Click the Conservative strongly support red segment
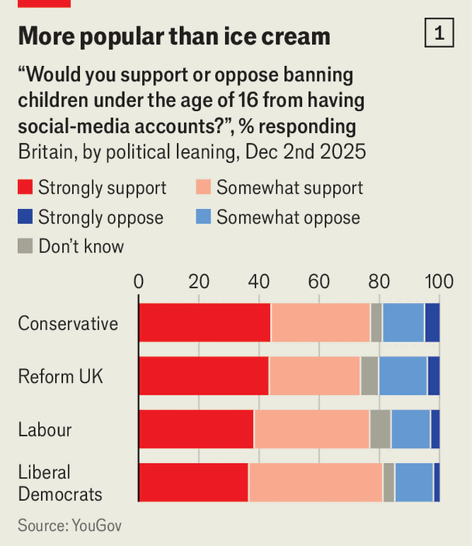tap(204, 322)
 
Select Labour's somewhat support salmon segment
tap(311, 429)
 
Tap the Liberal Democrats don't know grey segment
tap(388, 482)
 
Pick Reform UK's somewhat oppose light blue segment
tap(403, 376)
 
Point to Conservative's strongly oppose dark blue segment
tap(432, 322)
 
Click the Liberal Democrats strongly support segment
tap(193, 482)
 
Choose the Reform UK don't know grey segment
tap(370, 376)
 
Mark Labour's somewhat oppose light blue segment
tap(411, 429)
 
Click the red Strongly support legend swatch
tap(25, 187)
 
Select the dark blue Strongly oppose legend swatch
tap(25, 217)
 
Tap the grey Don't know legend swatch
tap(25, 246)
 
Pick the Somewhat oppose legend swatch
tap(203, 217)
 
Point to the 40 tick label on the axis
tap(259, 281)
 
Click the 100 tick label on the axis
tap(438, 281)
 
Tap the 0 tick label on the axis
tap(139, 281)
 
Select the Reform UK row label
tap(61, 377)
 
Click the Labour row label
tap(44, 429)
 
